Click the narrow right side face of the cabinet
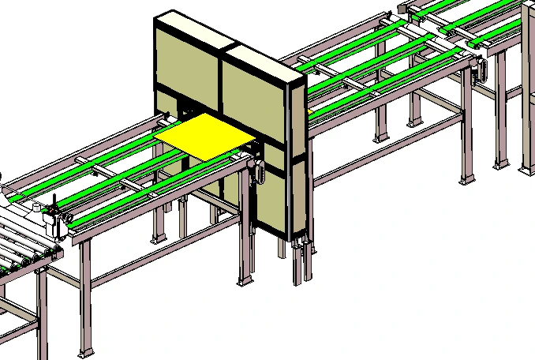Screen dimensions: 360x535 [298, 158]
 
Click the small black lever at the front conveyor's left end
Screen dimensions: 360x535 [54, 207]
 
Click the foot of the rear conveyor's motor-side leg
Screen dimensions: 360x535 [466, 179]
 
